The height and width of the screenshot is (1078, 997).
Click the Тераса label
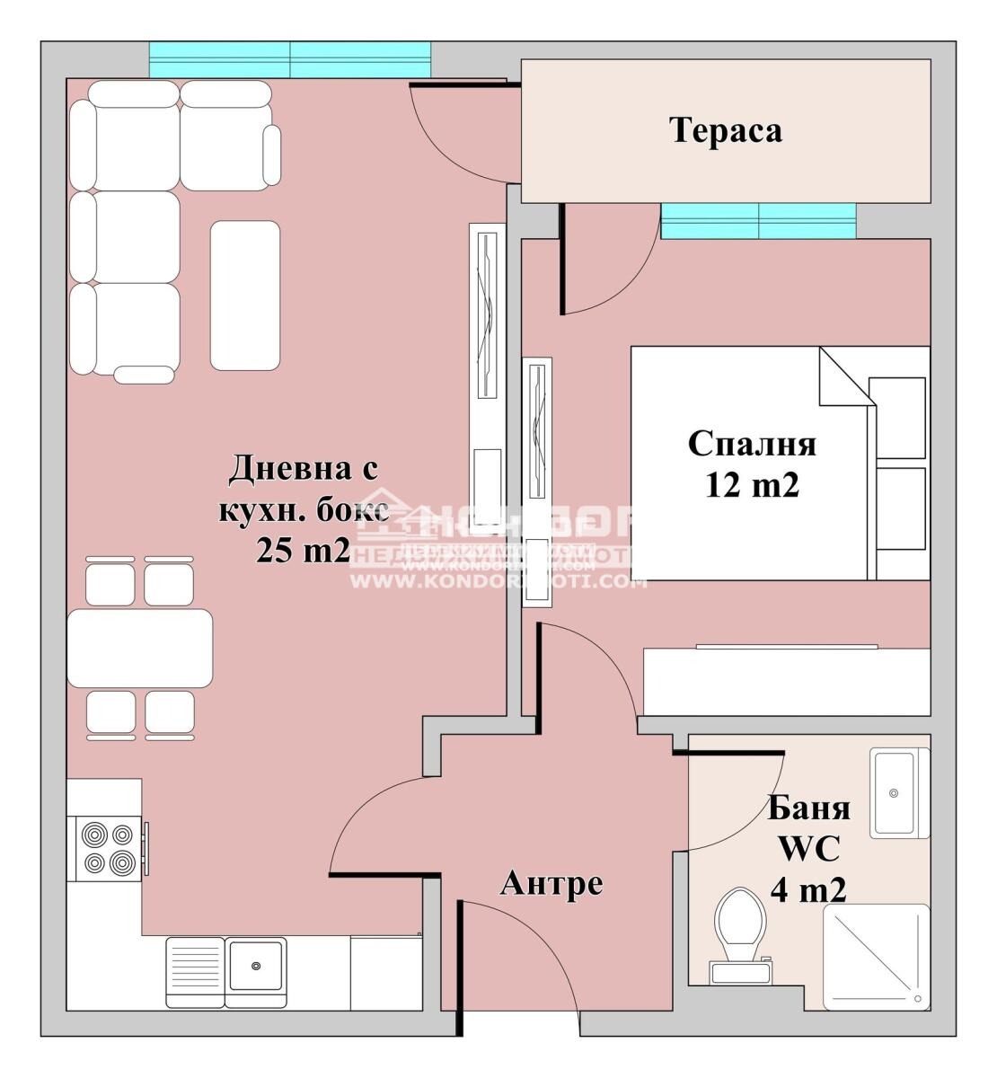click(726, 130)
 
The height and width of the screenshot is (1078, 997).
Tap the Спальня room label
click(752, 444)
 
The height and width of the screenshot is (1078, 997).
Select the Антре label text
click(551, 884)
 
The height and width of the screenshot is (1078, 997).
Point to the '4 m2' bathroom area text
click(807, 889)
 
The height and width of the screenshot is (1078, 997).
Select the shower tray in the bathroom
click(876, 956)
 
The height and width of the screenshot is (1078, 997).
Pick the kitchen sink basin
click(256, 966)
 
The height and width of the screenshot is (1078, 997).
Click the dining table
click(139, 648)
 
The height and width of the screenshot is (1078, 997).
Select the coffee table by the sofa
click(244, 296)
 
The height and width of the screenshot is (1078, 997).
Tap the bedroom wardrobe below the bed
click(786, 681)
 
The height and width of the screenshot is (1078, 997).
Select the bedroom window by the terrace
click(758, 221)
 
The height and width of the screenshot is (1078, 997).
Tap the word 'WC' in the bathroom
click(808, 848)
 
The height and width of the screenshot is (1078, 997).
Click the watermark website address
click(498, 582)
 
